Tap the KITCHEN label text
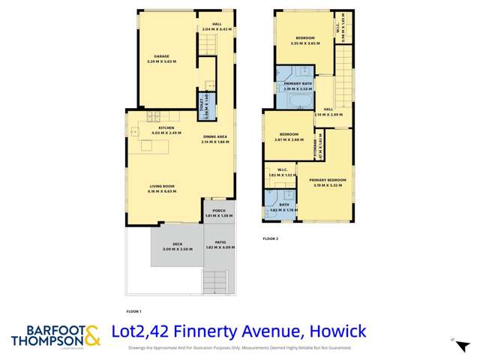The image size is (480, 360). click(x=166, y=128)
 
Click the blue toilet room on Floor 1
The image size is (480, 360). click(x=209, y=106)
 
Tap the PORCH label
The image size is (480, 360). click(x=219, y=211)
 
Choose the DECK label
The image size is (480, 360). click(x=177, y=244)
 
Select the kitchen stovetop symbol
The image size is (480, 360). click(x=153, y=115)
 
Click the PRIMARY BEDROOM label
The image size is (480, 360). click(x=327, y=180)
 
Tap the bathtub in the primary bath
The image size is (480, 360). click(x=301, y=100)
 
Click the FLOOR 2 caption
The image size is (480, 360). click(x=270, y=239)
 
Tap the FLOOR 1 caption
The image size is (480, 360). click(x=133, y=311)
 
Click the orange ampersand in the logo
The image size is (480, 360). click(x=91, y=335)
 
